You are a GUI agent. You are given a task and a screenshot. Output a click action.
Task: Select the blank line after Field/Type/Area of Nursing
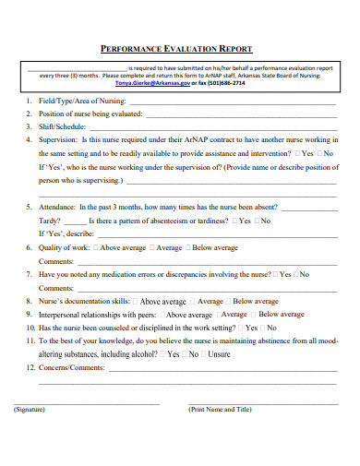231,102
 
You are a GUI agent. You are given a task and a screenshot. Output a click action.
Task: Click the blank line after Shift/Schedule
212,127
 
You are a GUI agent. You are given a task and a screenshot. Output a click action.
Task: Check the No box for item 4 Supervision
320,153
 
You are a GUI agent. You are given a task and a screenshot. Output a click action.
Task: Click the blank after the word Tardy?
76,221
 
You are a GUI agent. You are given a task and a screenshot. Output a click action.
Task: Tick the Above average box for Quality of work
96,248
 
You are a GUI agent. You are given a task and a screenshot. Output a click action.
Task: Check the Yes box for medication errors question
274,274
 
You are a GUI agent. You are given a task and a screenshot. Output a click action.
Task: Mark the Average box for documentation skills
193,301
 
